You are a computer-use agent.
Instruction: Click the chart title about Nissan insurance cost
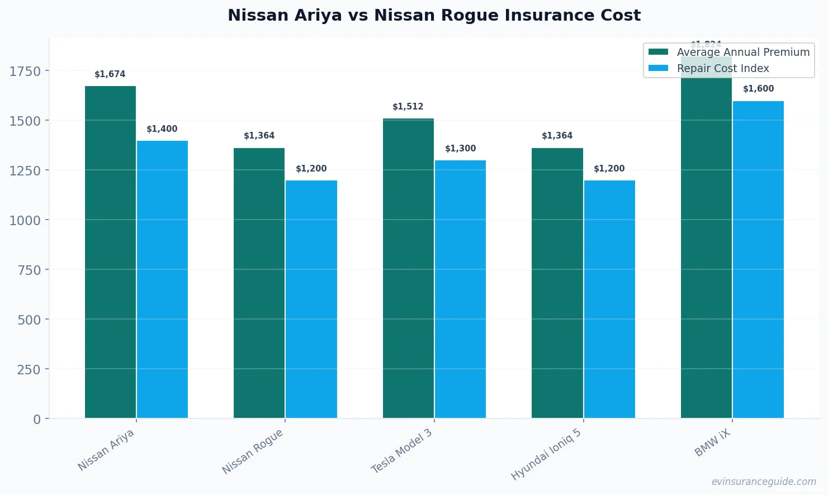[x=434, y=15]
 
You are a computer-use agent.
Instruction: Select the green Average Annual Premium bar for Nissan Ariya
[x=110, y=251]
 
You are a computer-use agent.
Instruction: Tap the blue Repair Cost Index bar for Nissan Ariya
[x=162, y=279]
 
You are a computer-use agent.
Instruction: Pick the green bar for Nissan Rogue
[x=259, y=283]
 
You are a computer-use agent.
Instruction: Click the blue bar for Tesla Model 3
[x=460, y=289]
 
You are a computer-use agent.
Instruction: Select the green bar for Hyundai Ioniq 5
[x=557, y=283]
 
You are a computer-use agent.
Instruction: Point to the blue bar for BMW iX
[x=758, y=259]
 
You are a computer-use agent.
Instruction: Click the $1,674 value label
[x=110, y=74]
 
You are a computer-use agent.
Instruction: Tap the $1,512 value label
[x=408, y=107]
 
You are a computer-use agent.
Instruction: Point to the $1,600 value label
[x=758, y=89]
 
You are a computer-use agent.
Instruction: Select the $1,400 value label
[x=162, y=129]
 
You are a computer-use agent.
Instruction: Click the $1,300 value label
[x=460, y=149]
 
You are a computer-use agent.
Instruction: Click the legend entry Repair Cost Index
[x=722, y=68]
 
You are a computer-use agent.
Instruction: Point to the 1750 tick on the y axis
[x=25, y=71]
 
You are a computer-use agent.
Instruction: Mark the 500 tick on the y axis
[x=29, y=320]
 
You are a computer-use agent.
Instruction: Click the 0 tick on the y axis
[x=37, y=419]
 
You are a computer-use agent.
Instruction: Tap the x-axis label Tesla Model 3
[x=402, y=451]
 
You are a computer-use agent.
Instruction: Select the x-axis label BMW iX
[x=712, y=444]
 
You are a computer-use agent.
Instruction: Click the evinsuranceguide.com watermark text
[x=763, y=482]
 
